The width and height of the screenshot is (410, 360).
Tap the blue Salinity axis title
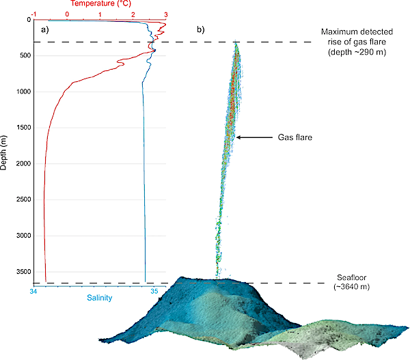[x=99, y=298]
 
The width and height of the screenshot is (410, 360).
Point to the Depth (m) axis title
[x=5, y=151]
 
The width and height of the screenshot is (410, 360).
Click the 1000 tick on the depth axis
[x=23, y=92]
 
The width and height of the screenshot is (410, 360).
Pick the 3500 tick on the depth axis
[x=23, y=271]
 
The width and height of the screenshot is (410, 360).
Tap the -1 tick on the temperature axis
[x=33, y=13]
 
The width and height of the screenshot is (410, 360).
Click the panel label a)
[x=45, y=30]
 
